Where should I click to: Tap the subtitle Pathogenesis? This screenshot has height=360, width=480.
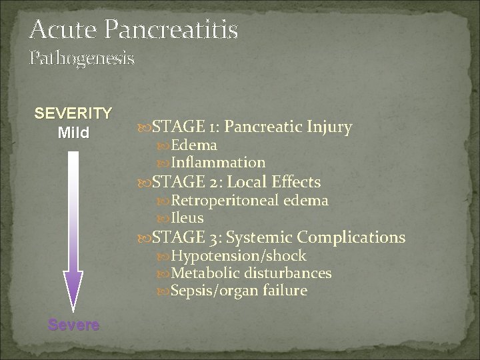tap(81, 59)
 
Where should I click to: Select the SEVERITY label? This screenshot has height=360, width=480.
tap(73, 113)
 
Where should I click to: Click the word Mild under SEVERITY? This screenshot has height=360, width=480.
tap(73, 132)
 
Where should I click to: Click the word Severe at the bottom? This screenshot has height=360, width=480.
tap(73, 325)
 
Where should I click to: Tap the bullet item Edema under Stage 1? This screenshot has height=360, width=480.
tap(194, 145)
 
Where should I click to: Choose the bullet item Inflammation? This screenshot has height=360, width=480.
tap(218, 162)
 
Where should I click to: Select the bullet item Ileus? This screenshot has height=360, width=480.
tap(187, 218)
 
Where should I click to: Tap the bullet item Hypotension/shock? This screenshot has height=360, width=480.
tap(239, 256)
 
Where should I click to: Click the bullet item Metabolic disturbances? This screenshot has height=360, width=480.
tap(251, 273)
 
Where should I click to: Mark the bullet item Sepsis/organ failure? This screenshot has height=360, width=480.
tap(239, 291)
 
